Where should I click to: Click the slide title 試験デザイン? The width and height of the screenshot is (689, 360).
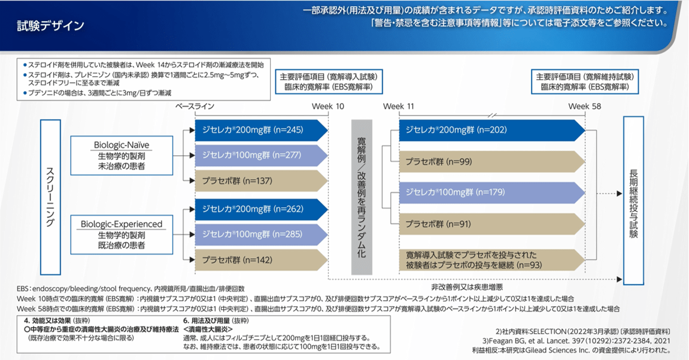pos(50,26)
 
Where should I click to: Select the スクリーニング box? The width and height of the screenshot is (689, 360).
pos(50,195)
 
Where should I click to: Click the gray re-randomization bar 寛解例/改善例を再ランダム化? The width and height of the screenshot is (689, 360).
pos(361,196)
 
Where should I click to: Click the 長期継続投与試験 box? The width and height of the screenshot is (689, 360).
pos(633,195)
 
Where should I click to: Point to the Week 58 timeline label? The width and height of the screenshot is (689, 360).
pos(584,106)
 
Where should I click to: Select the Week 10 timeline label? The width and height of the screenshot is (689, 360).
pos(328,106)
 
